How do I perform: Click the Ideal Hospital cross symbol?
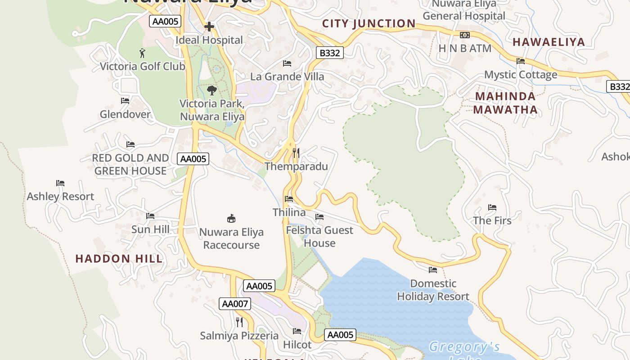(x=209, y=27)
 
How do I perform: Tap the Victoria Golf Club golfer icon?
(x=142, y=53)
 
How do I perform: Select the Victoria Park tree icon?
(x=212, y=90)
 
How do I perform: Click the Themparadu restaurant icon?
(x=296, y=153)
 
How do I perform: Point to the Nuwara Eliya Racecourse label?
(x=231, y=238)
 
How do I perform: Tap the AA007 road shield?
(x=235, y=304)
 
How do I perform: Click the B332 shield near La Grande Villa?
(x=329, y=53)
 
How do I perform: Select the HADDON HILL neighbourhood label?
(x=119, y=259)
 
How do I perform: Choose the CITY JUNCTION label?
(x=369, y=23)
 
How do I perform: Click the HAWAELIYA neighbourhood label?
(x=549, y=42)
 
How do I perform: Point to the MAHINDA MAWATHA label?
(x=505, y=103)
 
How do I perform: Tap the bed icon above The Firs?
(x=492, y=207)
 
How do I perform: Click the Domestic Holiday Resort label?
(x=433, y=290)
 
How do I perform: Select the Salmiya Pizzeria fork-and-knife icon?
(x=239, y=322)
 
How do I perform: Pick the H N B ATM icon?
(x=464, y=35)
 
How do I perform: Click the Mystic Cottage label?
(x=521, y=74)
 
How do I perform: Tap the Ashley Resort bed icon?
(x=60, y=183)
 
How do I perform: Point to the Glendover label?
(x=125, y=114)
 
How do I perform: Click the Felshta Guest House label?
(x=319, y=236)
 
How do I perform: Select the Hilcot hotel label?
(x=297, y=345)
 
